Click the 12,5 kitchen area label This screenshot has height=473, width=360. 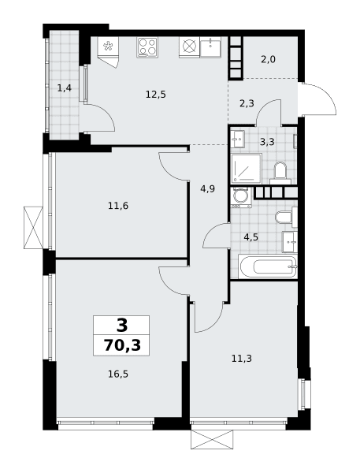156,95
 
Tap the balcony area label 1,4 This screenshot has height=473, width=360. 65,88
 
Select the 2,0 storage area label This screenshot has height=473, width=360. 268,59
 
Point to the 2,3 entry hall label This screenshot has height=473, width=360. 247,104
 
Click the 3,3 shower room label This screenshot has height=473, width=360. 267,141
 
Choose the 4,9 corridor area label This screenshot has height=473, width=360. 208,189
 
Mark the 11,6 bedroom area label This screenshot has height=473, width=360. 118,206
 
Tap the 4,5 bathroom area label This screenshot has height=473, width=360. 251,237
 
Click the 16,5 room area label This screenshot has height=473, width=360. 118,374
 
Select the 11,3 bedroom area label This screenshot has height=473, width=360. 242,359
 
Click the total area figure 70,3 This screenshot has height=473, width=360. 122,345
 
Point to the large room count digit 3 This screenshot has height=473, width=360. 122,325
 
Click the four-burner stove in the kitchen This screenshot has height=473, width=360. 147,47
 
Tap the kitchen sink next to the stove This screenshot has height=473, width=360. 210,47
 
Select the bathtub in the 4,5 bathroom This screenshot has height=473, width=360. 268,266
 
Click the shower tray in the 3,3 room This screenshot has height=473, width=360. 247,168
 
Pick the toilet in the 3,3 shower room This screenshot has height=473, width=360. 280,173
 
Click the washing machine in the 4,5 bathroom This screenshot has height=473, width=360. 241,197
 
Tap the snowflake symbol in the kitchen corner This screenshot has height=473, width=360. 108,47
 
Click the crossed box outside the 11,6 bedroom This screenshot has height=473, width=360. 33,228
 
